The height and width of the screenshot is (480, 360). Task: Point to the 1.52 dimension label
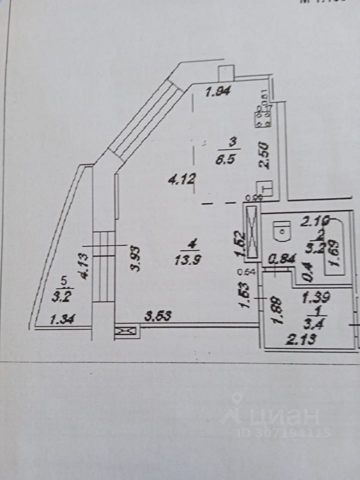(240, 244)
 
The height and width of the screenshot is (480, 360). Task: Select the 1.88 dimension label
(278, 310)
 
